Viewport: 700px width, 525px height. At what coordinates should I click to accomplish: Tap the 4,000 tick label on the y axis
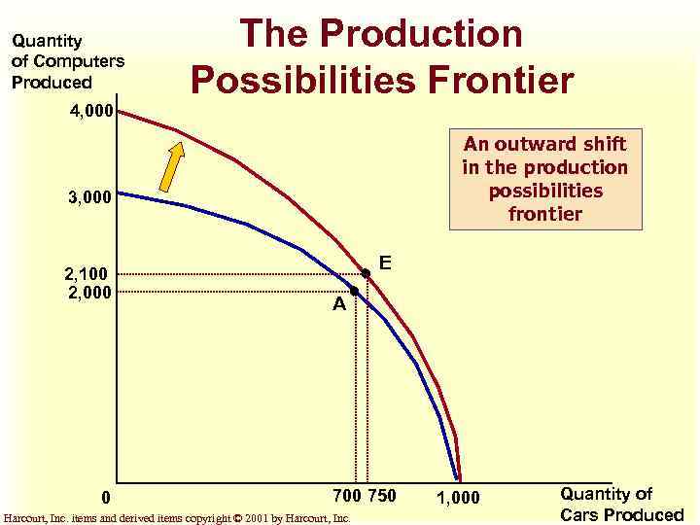tap(91, 111)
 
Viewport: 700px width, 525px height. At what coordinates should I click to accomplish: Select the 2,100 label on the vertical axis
tap(88, 274)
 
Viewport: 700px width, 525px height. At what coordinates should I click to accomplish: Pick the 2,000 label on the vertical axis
tap(88, 291)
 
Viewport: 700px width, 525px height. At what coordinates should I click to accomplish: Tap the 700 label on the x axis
tap(347, 496)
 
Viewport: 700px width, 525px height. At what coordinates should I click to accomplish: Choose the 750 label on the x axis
tap(382, 496)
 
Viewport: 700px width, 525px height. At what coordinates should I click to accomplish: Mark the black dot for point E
tap(366, 273)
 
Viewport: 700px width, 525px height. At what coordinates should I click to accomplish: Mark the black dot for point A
tap(355, 291)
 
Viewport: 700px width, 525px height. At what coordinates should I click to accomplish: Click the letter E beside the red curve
tap(385, 262)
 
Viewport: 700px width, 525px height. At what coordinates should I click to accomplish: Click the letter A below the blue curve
tap(339, 304)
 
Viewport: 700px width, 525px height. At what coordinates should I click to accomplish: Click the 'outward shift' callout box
tap(544, 179)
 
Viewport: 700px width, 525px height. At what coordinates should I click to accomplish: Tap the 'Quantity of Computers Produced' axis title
tap(67, 61)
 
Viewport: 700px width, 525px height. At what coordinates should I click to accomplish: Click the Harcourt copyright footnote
tap(177, 518)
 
